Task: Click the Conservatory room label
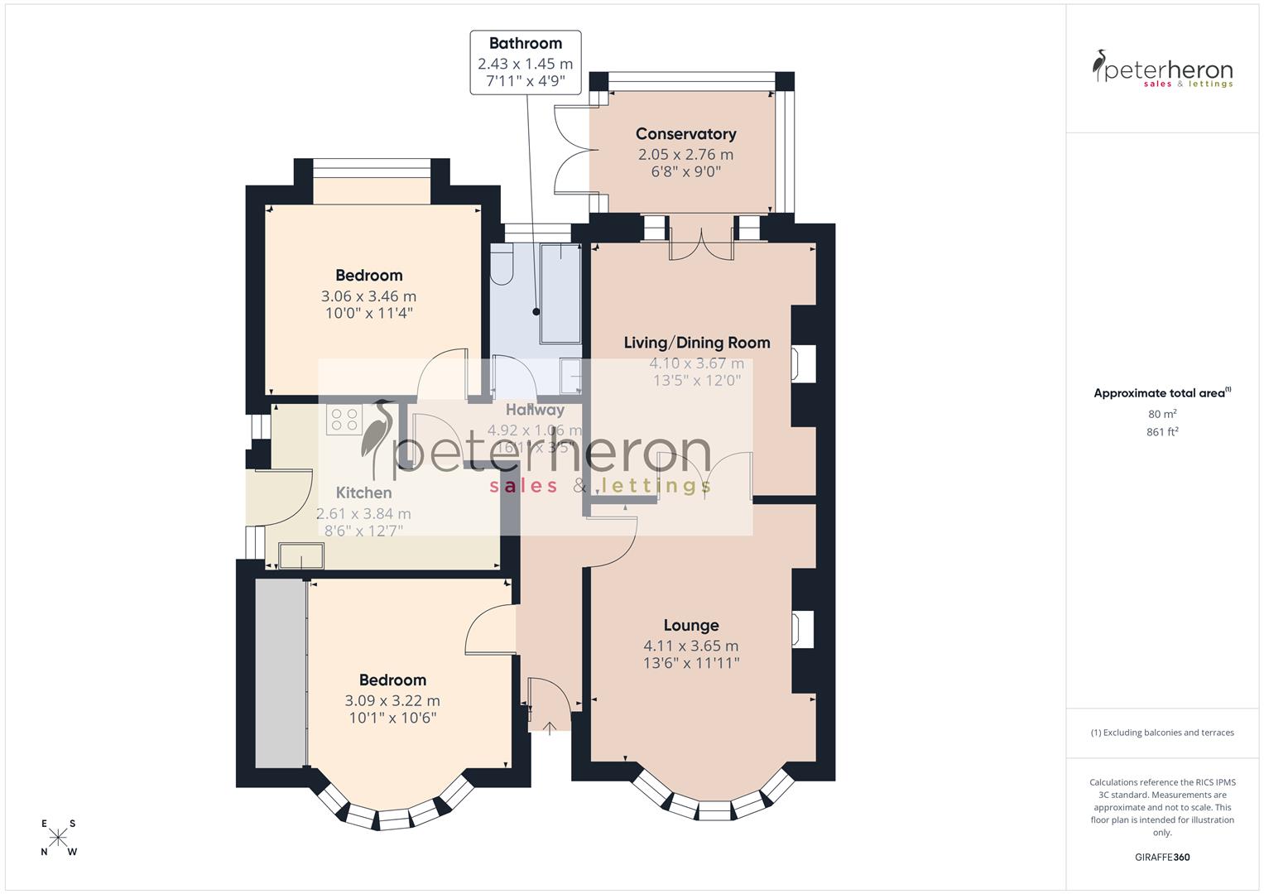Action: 685,134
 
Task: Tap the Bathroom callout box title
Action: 525,44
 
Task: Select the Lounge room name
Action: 691,626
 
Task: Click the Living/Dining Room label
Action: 696,343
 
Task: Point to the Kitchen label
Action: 363,493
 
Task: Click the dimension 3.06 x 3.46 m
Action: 368,296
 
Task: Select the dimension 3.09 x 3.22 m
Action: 392,700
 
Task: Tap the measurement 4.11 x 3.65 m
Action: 691,646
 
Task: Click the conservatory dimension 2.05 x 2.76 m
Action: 685,155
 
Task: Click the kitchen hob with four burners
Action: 344,420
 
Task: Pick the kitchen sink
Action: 301,555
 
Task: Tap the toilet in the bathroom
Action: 502,267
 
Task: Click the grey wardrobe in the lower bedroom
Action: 280,672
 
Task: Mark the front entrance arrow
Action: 550,728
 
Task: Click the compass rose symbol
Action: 58,838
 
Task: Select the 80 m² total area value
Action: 1162,414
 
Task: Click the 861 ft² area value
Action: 1162,432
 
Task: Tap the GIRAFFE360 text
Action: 1162,858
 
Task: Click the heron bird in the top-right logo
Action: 1100,66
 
